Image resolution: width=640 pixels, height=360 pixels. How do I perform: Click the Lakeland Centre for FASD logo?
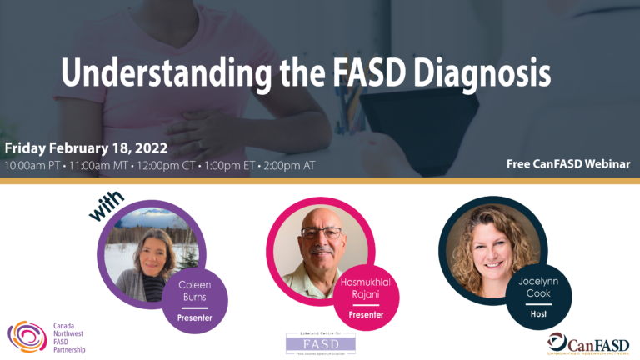click(x=320, y=342)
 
